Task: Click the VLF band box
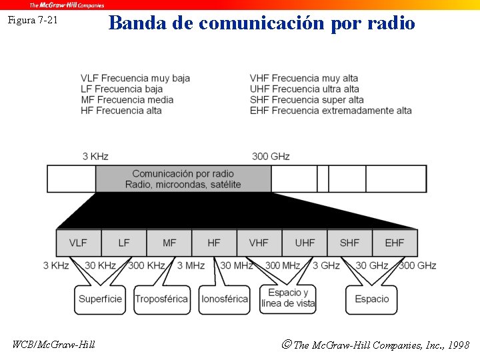[x=79, y=243]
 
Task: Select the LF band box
[x=124, y=243]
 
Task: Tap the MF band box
[x=169, y=243]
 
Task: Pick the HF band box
[x=214, y=243]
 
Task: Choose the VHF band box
[x=259, y=243]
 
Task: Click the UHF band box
[x=305, y=243]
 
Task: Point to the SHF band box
[x=349, y=243]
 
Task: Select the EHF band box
[x=395, y=243]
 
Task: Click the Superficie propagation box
[x=100, y=299]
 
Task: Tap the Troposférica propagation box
[x=161, y=299]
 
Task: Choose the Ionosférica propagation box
[x=225, y=299]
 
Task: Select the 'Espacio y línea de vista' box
[x=288, y=299]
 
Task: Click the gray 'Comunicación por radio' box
[x=183, y=179]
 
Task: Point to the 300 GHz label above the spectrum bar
[x=271, y=156]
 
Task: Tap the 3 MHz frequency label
[x=191, y=265]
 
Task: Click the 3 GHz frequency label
[x=326, y=265]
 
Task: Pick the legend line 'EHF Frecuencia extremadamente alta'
[x=331, y=110]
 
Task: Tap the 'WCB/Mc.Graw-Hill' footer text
[x=54, y=344]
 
